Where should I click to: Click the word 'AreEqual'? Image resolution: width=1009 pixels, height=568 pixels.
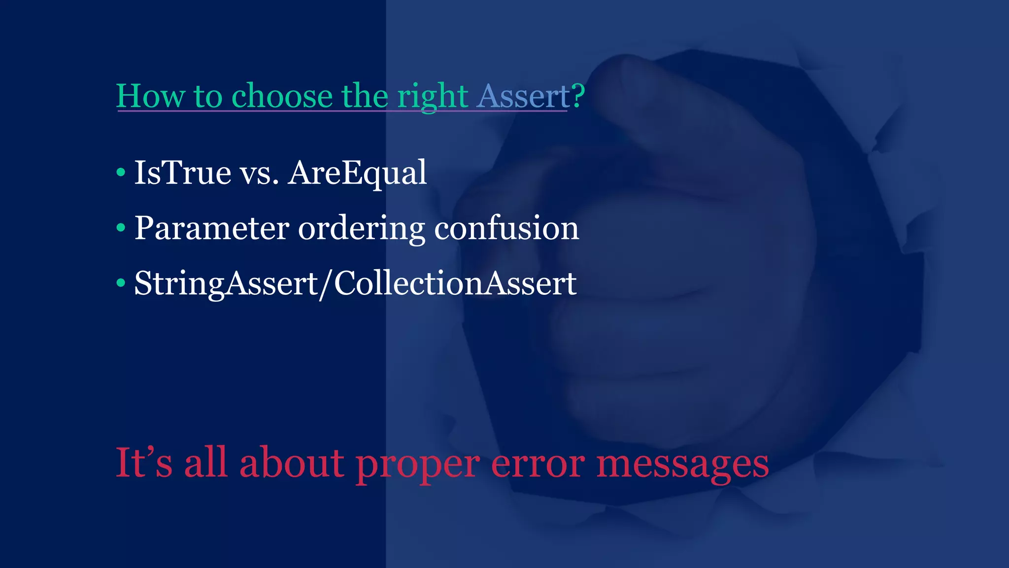pos(357,174)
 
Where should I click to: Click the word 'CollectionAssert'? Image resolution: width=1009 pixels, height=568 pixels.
pos(455,284)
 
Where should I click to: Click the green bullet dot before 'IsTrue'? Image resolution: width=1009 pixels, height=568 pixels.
pos(121,173)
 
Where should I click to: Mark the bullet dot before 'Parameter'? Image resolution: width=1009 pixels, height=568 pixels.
pos(121,228)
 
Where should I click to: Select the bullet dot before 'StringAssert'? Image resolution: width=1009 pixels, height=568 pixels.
pos(121,283)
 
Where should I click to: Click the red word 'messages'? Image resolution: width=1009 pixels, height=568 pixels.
pos(682,464)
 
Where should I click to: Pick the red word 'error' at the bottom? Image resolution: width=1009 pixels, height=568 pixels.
pos(538,464)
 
